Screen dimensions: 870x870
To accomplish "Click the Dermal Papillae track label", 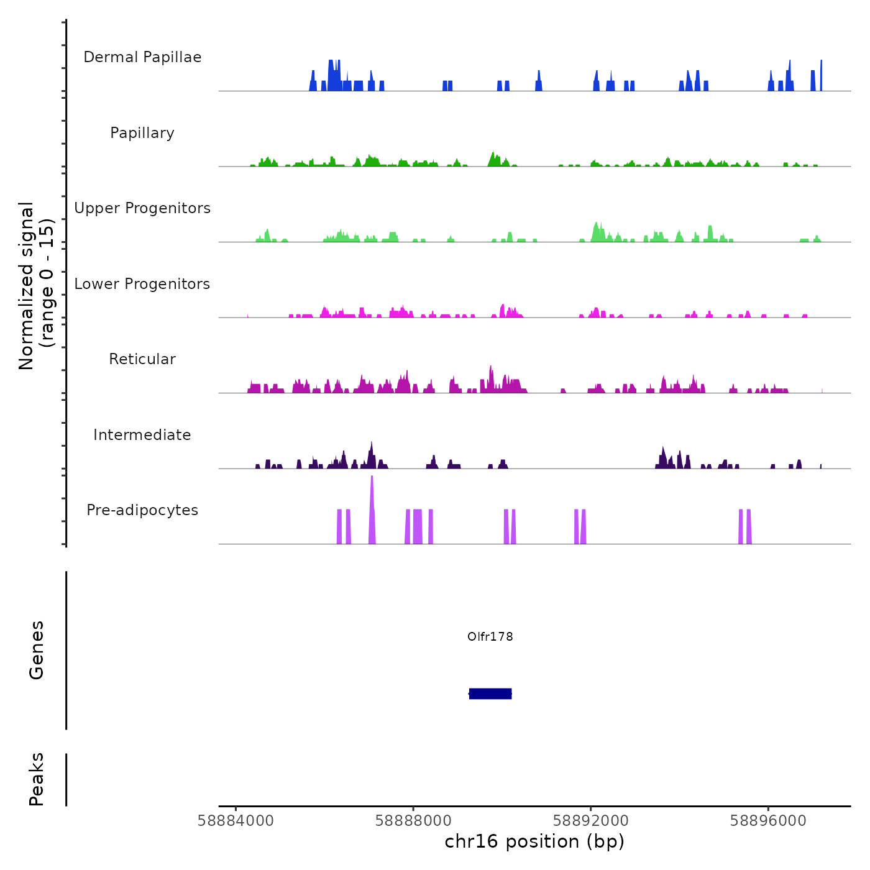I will [x=142, y=57].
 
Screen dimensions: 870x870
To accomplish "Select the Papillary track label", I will [x=142, y=133].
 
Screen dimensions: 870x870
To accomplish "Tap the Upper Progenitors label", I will [x=142, y=208].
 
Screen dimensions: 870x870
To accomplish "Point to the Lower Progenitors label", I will [x=142, y=284].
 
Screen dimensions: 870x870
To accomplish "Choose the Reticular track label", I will [x=142, y=359].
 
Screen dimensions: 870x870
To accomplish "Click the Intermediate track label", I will [x=142, y=435].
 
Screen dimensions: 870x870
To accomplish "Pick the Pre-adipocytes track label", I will [x=142, y=510].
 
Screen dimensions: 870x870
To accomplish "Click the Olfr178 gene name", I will [x=490, y=636].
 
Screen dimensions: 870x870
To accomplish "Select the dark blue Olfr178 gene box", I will [x=490, y=694].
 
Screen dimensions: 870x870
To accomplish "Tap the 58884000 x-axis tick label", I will [x=236, y=821].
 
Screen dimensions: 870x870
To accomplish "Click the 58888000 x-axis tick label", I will [x=413, y=821].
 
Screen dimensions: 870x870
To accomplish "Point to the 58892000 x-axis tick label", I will [x=591, y=821].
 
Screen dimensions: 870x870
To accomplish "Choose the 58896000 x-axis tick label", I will [x=769, y=821].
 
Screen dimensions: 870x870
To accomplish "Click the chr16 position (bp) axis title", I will [x=534, y=841].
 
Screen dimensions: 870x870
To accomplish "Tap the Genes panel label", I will [x=37, y=650].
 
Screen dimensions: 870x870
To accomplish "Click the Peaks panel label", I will [x=37, y=779].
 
